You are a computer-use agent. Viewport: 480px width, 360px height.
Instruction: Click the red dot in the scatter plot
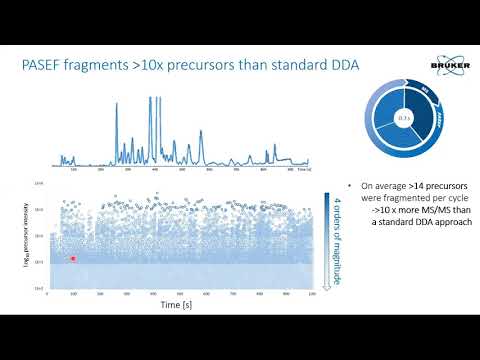click(x=73, y=258)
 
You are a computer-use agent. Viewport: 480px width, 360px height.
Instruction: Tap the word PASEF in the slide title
click(x=45, y=66)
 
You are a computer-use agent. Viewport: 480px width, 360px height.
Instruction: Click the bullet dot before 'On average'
click(x=346, y=186)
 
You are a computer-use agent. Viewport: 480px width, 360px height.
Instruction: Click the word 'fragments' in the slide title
click(x=95, y=66)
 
